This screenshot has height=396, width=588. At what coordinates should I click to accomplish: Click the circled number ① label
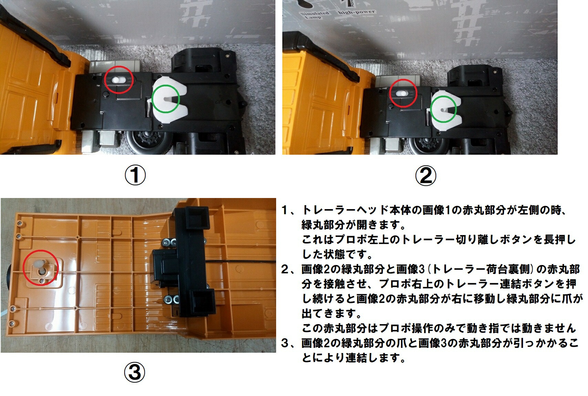(x=135, y=176)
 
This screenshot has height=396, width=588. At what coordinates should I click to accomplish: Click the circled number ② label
(x=426, y=176)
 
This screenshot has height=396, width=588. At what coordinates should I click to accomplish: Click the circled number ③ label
(x=134, y=373)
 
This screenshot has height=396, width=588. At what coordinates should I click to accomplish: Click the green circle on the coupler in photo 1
(x=166, y=99)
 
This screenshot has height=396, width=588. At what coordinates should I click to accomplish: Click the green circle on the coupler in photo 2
(x=444, y=109)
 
